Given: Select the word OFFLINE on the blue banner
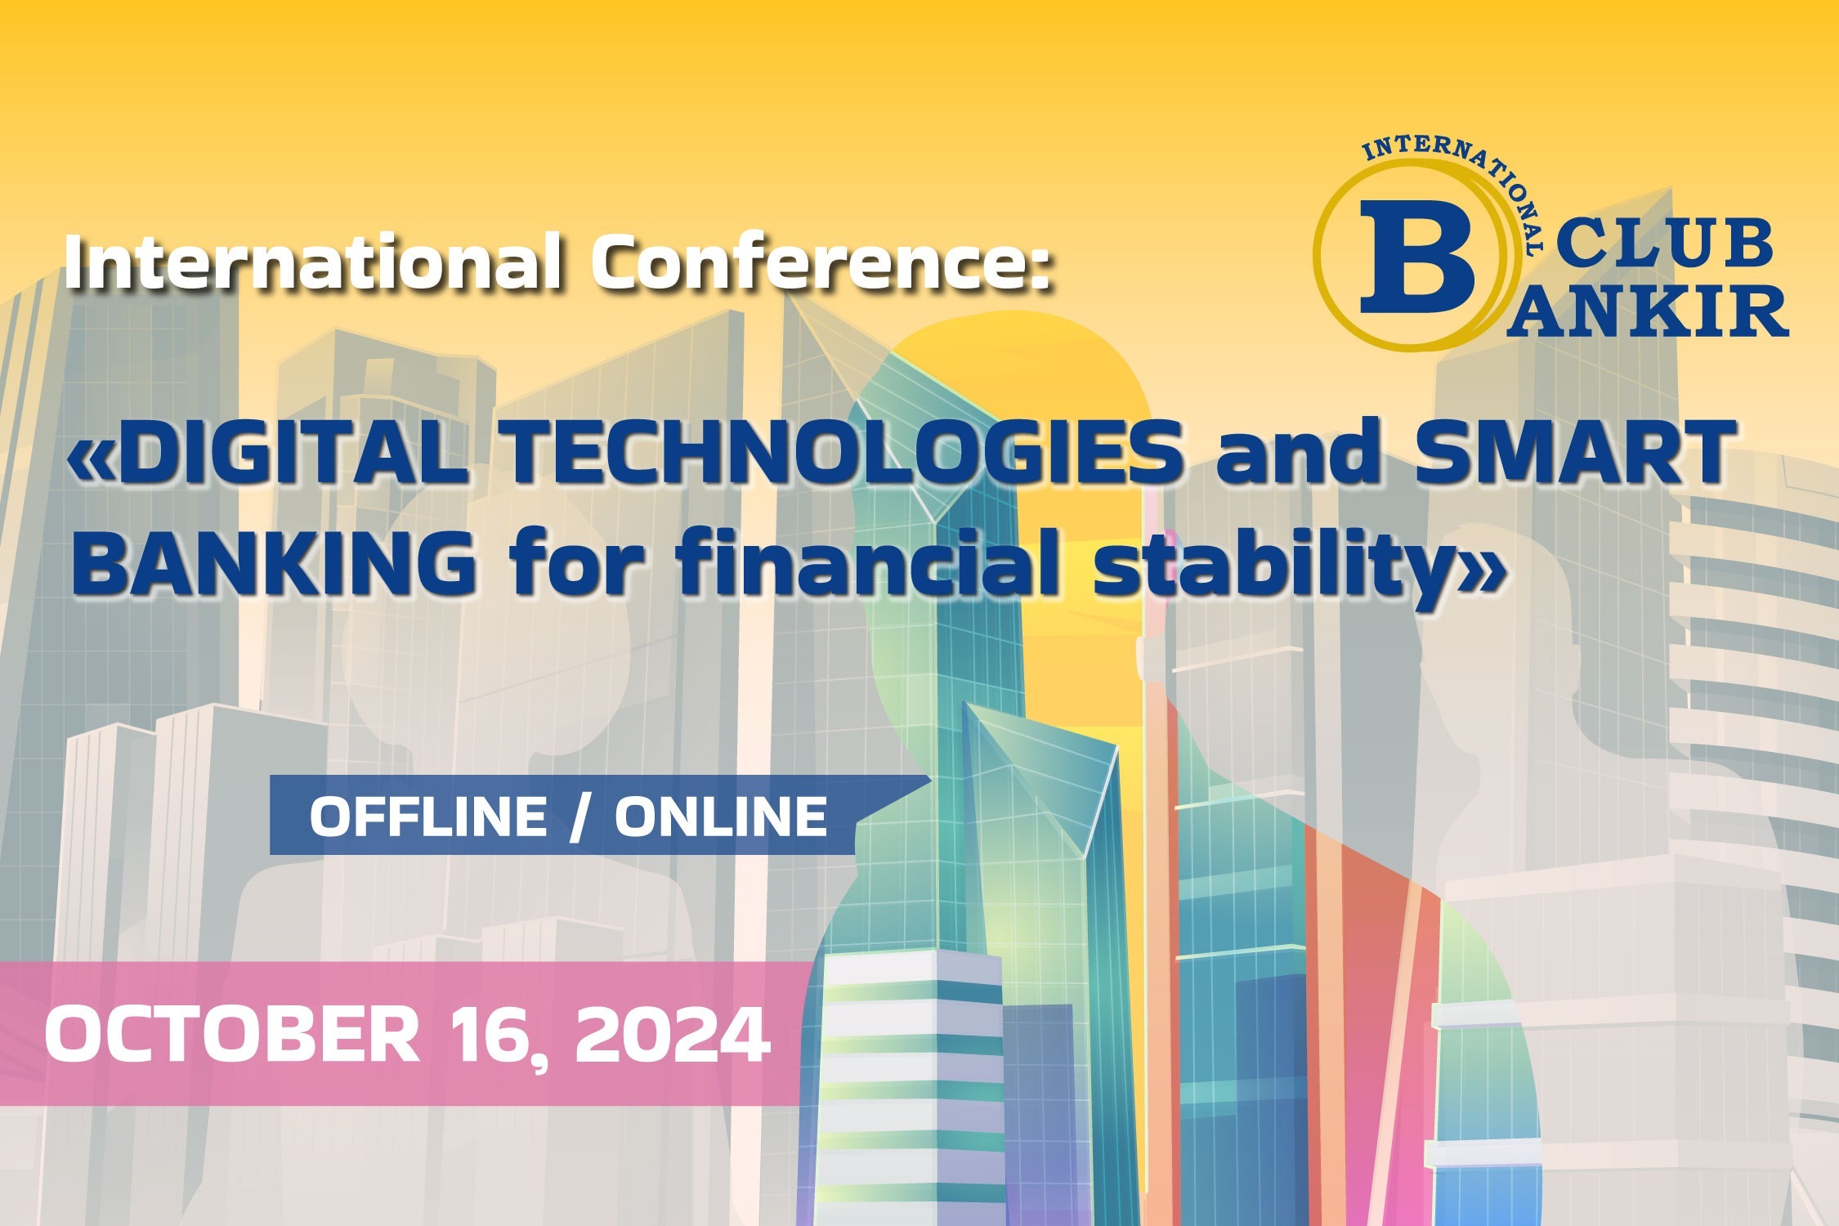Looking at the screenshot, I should click(428, 816).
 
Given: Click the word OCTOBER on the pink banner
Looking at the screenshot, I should click(232, 1035).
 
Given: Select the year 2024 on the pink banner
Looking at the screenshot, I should click(672, 1035).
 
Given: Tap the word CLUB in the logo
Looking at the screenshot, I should click(1664, 243).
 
